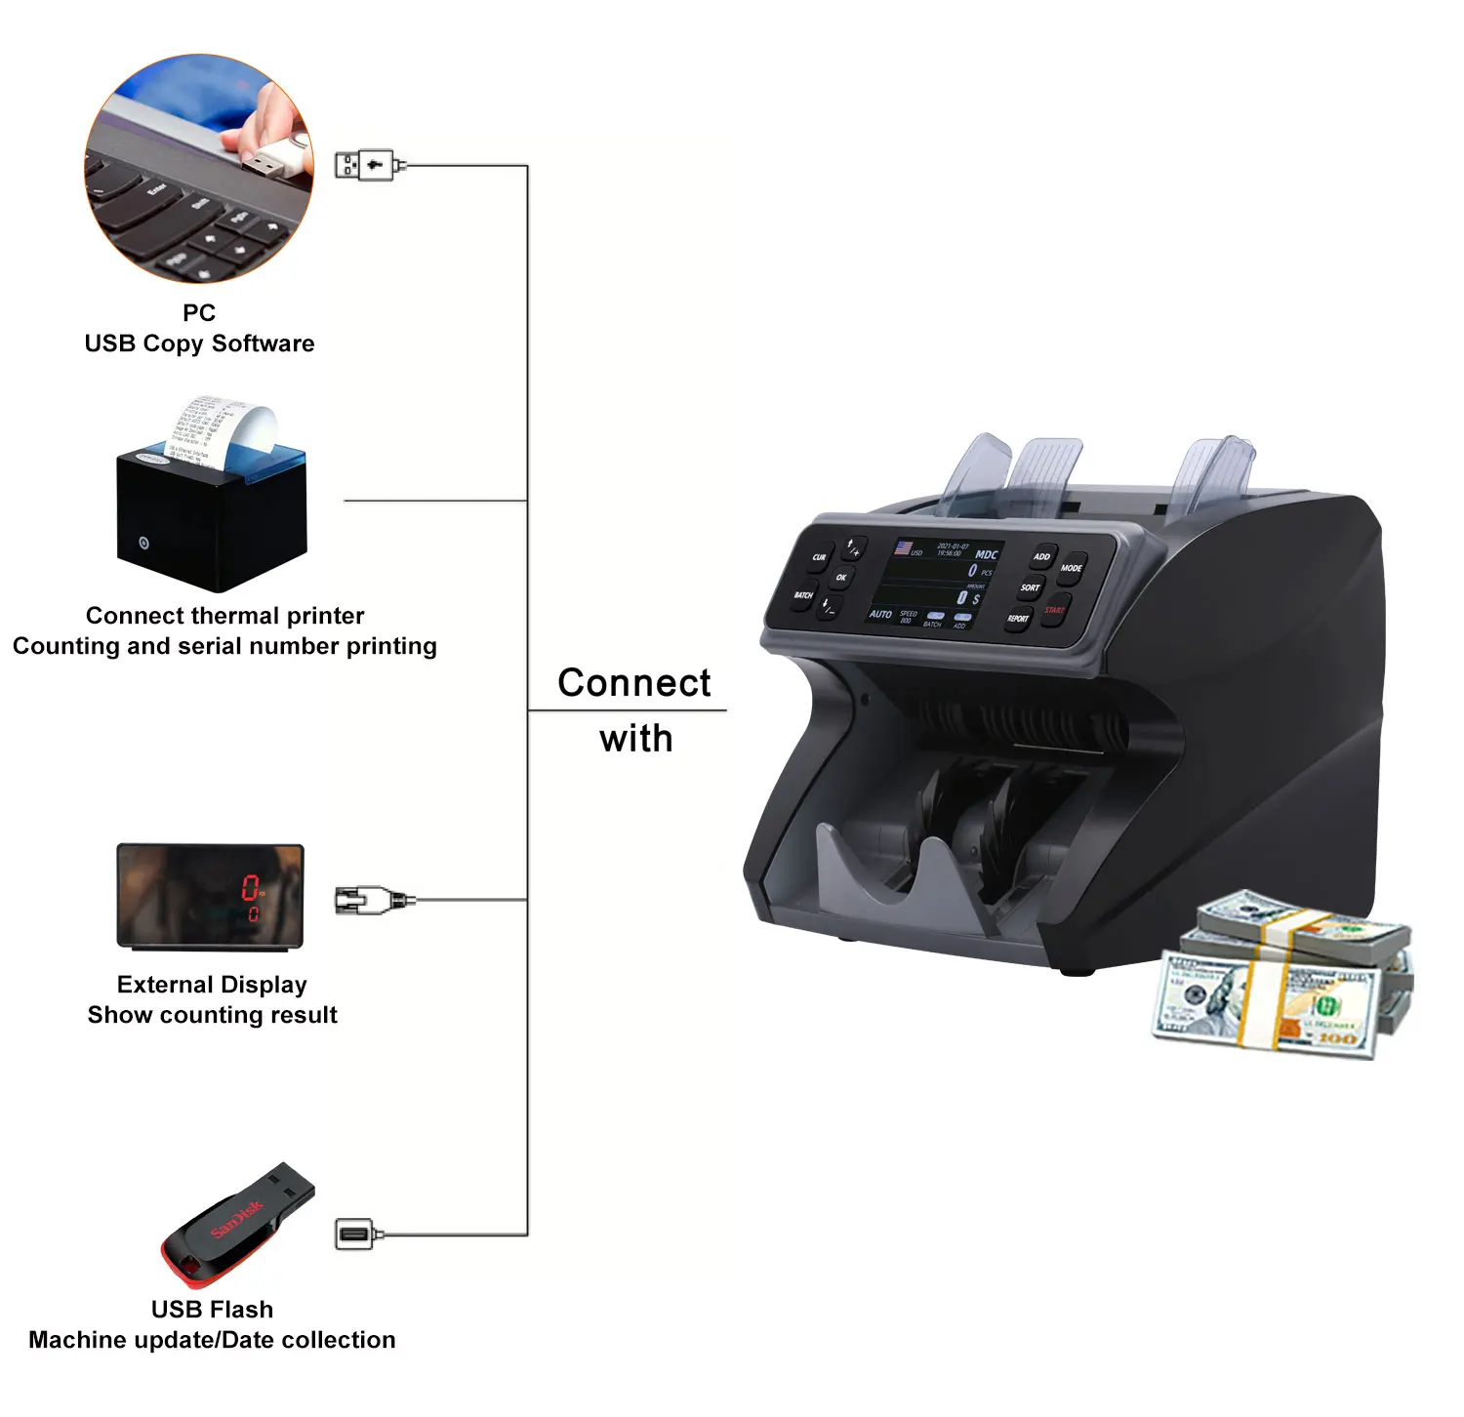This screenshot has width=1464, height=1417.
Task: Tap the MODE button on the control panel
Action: click(1071, 569)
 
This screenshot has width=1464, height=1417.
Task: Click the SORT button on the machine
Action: click(1030, 588)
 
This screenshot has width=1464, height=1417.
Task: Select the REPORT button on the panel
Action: click(1017, 619)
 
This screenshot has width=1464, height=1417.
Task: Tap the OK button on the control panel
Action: click(840, 578)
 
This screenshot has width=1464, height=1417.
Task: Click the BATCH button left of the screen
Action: click(803, 595)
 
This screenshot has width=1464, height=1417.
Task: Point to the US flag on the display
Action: click(904, 547)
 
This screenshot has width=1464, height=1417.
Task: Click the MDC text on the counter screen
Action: click(986, 554)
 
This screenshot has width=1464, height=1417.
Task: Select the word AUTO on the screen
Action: click(880, 614)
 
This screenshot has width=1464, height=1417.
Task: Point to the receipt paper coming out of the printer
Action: click(221, 429)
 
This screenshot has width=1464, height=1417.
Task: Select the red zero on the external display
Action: click(251, 888)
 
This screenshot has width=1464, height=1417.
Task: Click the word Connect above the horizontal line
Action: click(633, 683)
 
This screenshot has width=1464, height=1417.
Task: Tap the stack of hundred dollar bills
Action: click(1282, 976)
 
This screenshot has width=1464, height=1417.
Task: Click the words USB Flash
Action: click(212, 1310)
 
